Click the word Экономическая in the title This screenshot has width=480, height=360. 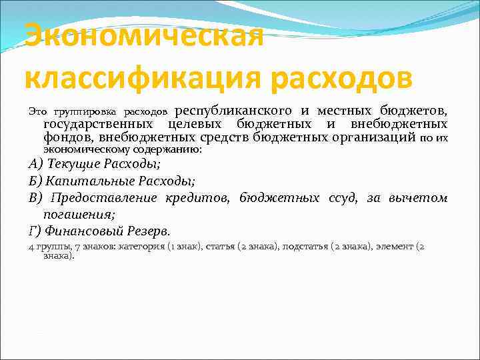pyautogui.click(x=144, y=37)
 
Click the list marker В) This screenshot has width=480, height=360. pyautogui.click(x=35, y=198)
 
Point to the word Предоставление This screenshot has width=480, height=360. pyautogui.click(x=104, y=198)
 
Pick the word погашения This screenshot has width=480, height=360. pyautogui.click(x=79, y=215)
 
